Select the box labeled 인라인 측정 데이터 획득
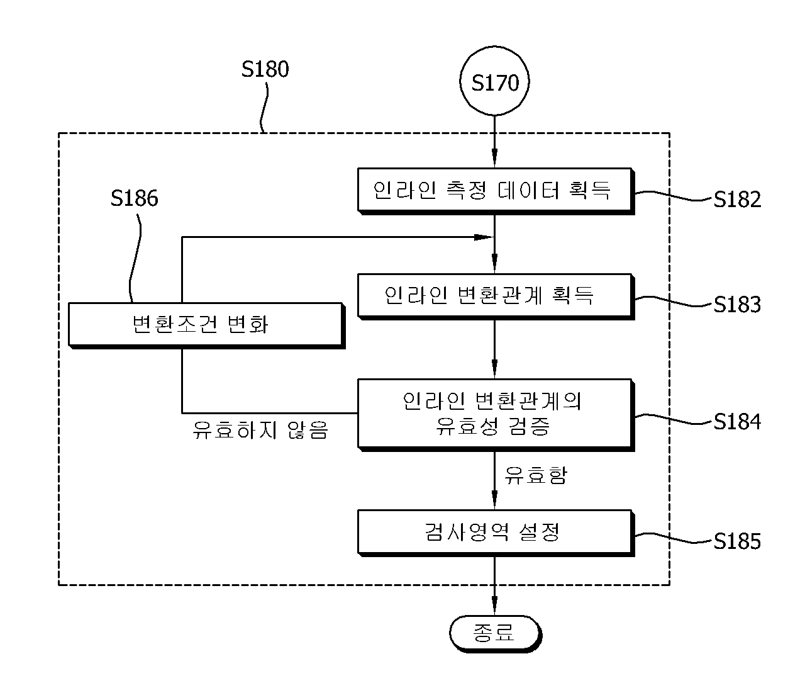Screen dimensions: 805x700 [496, 191]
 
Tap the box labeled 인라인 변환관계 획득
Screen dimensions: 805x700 [496, 296]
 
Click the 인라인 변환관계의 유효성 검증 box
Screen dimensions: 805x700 [496, 415]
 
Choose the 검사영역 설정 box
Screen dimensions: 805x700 [496, 533]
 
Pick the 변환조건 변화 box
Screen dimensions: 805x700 [206, 325]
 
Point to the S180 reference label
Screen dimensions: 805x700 [265, 69]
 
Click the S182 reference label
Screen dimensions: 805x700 [737, 199]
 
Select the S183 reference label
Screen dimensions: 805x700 [737, 304]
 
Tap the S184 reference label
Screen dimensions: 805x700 [737, 422]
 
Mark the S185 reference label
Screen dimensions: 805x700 [737, 541]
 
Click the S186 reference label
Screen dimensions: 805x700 [134, 198]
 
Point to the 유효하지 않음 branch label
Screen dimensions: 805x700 [260, 430]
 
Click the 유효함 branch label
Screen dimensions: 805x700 [535, 475]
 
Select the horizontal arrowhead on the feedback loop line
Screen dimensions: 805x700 [484, 237]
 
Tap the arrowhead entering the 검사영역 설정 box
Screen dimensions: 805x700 [494, 500]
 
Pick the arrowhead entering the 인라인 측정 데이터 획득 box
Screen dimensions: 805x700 [494, 159]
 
